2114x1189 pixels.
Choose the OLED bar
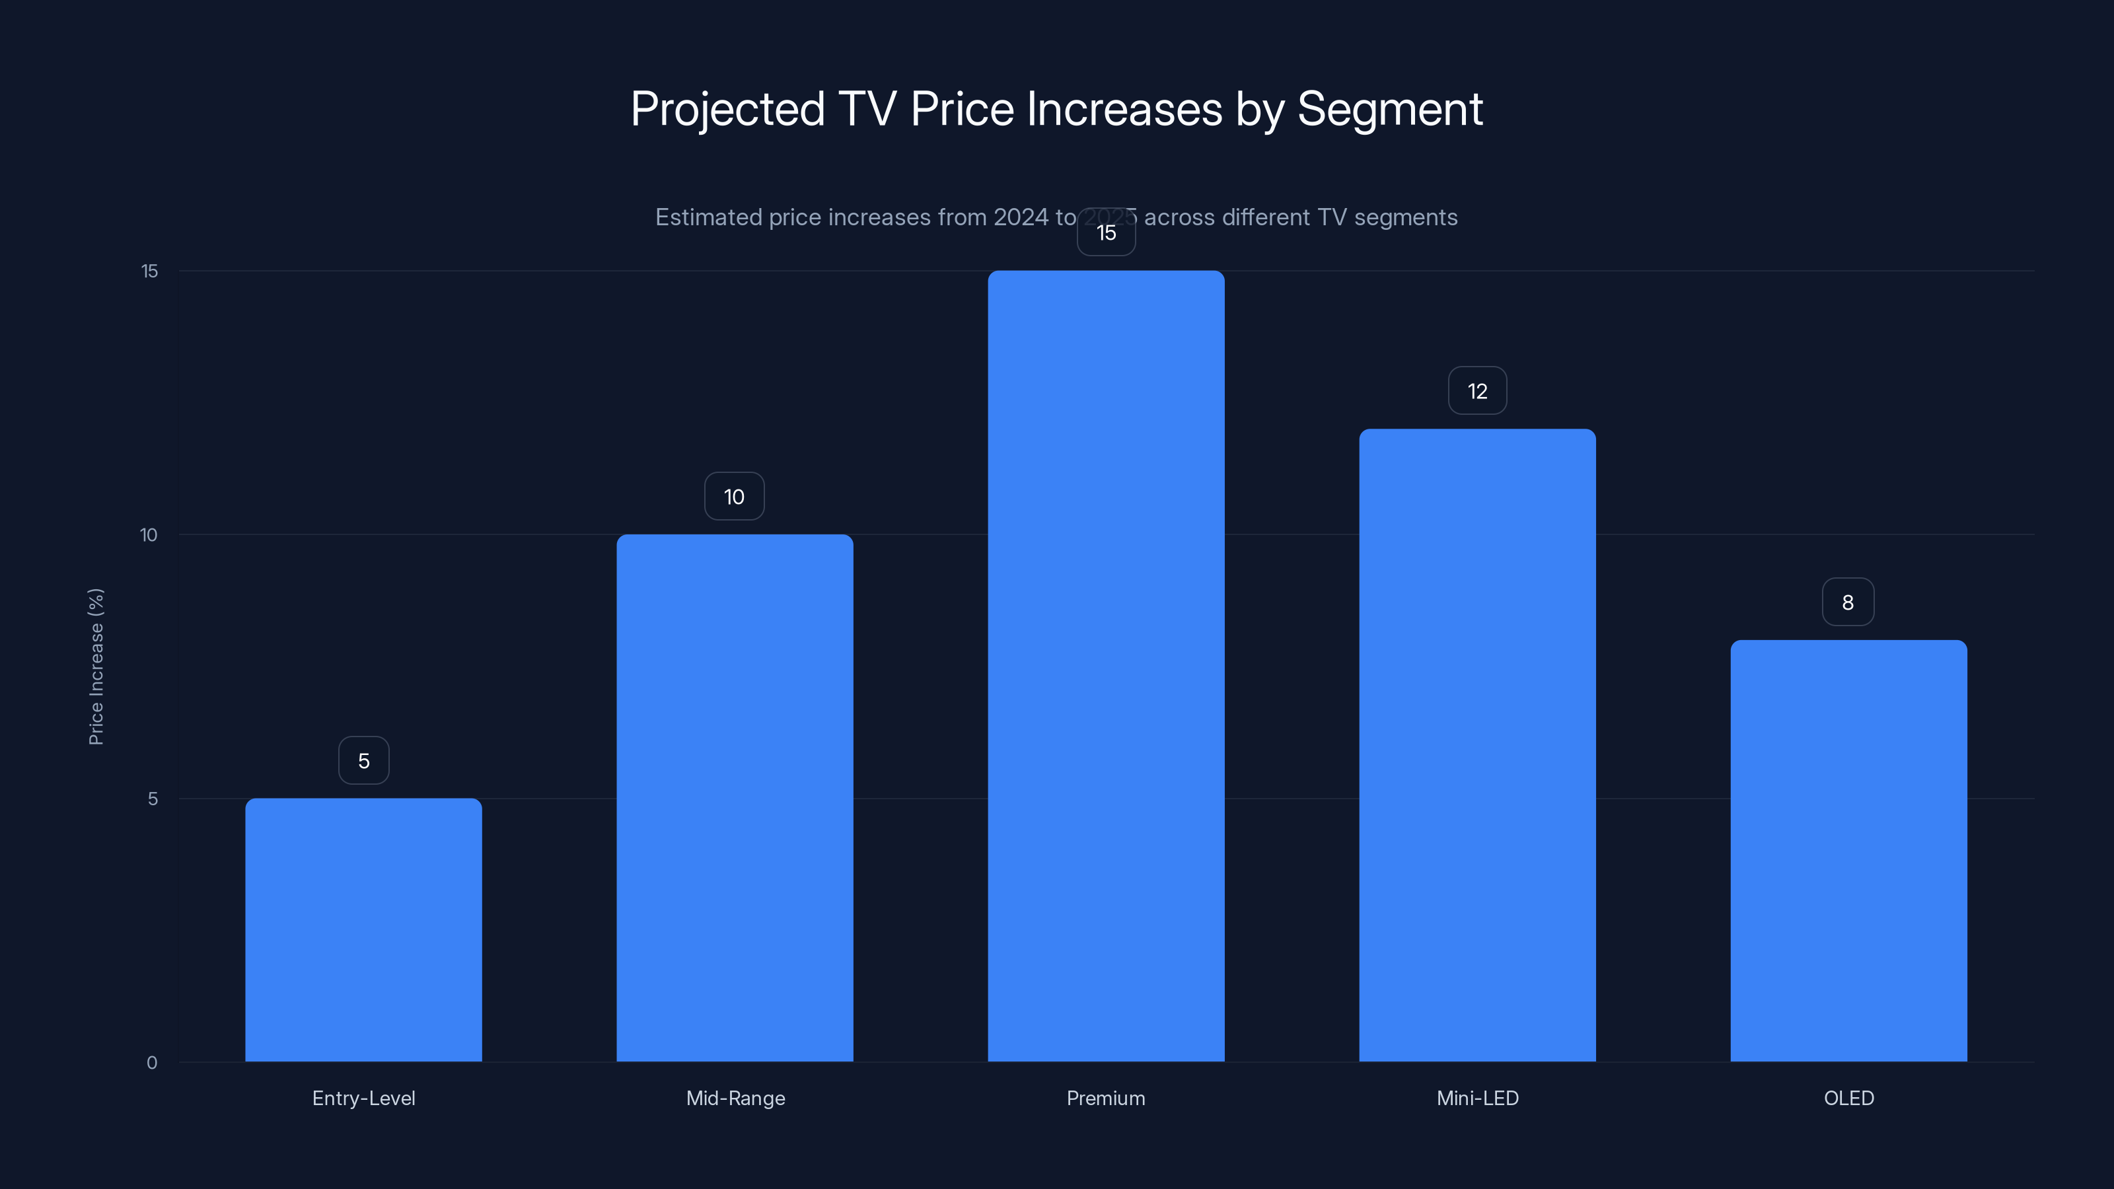pos(1848,851)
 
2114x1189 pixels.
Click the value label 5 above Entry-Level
pos(363,761)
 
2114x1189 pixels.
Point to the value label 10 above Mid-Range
pos(735,497)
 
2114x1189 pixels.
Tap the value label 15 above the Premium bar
pos(1107,233)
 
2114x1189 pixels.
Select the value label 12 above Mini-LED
pos(1477,392)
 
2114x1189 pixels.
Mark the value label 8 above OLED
pos(1848,602)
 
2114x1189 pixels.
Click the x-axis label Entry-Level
pos(363,1098)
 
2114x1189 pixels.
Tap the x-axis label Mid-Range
pos(735,1098)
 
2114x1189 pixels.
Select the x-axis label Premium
pos(1105,1098)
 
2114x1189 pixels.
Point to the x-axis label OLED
pos(1848,1098)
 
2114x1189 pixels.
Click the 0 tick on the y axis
pos(152,1063)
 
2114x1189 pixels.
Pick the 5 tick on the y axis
pos(153,799)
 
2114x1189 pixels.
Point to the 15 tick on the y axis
pos(149,271)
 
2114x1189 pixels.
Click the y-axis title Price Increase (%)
pos(96,667)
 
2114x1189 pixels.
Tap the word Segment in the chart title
pos(1389,109)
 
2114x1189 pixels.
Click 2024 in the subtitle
pos(1020,217)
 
